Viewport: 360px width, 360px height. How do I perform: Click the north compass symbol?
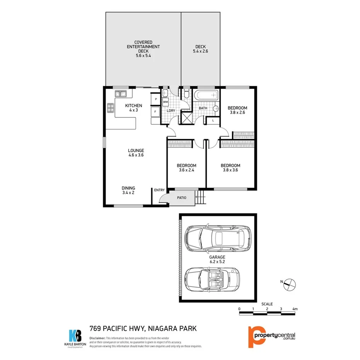click(x=289, y=285)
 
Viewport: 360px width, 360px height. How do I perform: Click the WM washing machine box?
click(x=165, y=102)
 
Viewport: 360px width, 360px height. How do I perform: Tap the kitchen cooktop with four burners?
click(x=110, y=108)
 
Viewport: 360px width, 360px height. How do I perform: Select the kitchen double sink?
click(x=121, y=93)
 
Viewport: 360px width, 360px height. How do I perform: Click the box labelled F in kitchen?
click(x=155, y=112)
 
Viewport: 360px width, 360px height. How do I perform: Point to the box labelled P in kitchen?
click(x=155, y=99)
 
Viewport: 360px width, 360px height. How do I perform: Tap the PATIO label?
click(x=182, y=198)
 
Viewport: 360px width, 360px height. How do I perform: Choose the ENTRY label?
click(x=159, y=190)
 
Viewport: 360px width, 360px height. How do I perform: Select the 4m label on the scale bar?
click(x=295, y=309)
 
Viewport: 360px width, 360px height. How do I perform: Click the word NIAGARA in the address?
click(x=160, y=329)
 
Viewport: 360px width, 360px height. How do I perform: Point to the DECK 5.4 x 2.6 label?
click(x=200, y=49)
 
